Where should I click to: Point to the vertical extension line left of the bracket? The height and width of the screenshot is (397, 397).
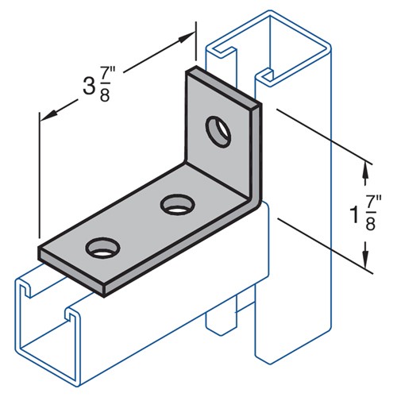(x=37, y=175)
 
